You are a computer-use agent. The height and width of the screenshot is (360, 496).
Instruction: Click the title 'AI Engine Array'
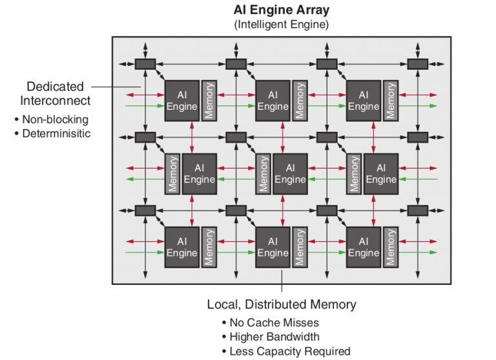282,11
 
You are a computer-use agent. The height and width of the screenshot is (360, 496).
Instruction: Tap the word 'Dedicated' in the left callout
55,86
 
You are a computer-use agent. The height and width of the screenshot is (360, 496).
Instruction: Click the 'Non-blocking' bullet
55,120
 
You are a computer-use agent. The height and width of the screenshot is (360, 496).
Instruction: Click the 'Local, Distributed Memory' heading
282,304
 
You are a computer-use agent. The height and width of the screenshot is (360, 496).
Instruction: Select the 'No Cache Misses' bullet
274,323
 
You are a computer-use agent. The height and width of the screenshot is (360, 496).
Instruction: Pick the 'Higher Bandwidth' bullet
274,337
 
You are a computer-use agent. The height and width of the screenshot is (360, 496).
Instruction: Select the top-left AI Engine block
181,100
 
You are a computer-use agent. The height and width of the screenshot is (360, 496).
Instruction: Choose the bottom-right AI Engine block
363,246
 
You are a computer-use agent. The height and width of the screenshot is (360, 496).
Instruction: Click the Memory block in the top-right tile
389,100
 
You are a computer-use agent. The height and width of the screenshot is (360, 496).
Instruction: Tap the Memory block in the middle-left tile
172,173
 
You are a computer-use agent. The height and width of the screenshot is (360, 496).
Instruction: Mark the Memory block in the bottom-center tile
299,246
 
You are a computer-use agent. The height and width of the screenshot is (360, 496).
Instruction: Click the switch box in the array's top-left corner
145,64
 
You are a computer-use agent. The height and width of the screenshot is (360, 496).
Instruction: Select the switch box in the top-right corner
417,64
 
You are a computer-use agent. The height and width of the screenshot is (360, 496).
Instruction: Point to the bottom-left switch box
145,210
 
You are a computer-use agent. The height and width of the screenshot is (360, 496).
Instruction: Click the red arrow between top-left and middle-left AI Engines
192,136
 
